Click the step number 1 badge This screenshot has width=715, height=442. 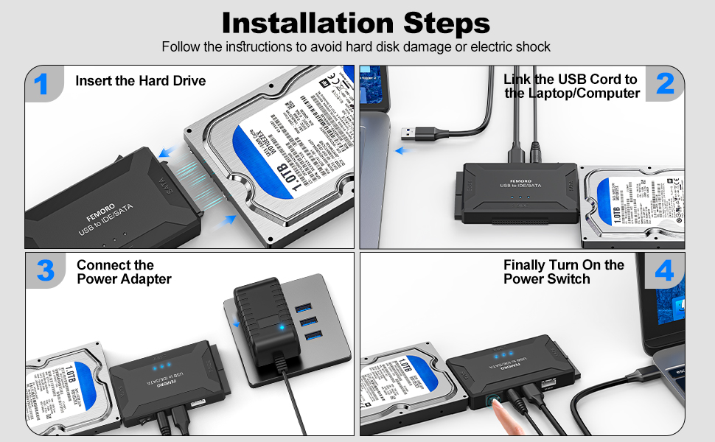(42, 84)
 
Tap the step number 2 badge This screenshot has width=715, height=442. (664, 83)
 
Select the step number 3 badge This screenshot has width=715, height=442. (45, 270)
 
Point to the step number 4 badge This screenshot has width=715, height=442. (664, 271)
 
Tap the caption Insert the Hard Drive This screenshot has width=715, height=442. (140, 80)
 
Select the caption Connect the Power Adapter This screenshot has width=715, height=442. (124, 272)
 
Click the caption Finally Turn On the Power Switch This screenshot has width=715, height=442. (564, 272)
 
